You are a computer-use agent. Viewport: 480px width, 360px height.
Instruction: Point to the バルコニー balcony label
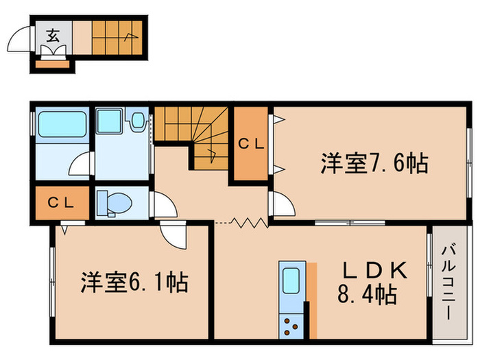(446, 283)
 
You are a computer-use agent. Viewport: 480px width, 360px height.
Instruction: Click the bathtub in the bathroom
(60, 125)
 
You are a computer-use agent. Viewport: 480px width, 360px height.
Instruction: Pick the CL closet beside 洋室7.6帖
(252, 144)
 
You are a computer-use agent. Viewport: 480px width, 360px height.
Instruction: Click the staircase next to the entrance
(114, 32)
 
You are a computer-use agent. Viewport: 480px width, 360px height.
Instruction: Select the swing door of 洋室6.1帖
(173, 237)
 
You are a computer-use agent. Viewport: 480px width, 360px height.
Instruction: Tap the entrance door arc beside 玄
(23, 40)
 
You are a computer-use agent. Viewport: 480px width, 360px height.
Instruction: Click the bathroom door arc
(82, 165)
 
